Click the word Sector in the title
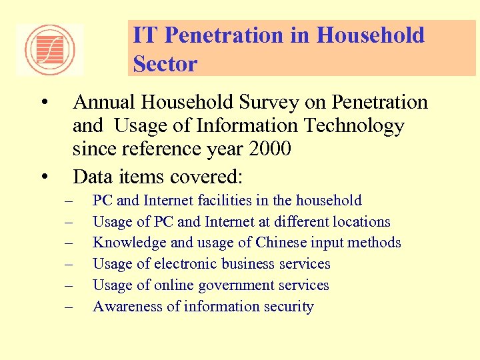tap(165, 64)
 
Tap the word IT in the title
tap(144, 35)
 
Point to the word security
tap(288, 307)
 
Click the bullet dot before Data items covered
tap(44, 177)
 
